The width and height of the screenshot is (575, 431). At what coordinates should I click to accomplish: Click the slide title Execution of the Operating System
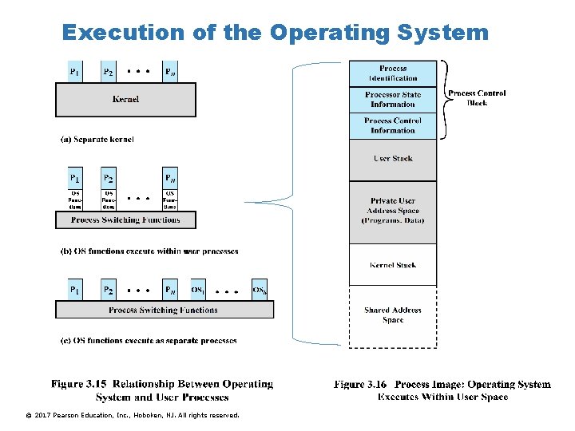(x=275, y=32)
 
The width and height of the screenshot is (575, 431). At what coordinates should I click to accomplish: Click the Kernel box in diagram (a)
(x=125, y=99)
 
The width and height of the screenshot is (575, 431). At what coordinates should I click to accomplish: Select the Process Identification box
(x=393, y=73)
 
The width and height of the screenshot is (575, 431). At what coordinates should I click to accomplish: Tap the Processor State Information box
(x=393, y=100)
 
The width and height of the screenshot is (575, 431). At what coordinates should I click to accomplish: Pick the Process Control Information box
(x=393, y=126)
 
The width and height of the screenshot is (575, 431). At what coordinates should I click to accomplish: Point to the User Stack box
(x=393, y=159)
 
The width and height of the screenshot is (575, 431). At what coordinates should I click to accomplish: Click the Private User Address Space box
(x=393, y=211)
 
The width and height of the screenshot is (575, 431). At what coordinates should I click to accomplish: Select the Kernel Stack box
(x=393, y=265)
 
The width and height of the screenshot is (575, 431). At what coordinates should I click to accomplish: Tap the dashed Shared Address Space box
(x=393, y=315)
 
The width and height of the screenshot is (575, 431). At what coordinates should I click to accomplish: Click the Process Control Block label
(x=477, y=98)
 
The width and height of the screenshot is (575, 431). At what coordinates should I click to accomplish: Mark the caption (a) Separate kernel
(x=97, y=140)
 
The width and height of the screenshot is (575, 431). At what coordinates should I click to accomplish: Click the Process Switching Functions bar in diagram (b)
(x=125, y=219)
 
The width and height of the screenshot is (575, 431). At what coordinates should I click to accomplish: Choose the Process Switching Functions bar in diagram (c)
(x=164, y=310)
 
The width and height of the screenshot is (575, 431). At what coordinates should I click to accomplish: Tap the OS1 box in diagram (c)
(x=198, y=289)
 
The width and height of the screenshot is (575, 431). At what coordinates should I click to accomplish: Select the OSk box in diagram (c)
(x=260, y=289)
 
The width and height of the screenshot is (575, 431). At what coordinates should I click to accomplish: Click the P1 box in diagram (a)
(x=74, y=72)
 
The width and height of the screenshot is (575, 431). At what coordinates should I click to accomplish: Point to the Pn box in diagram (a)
(x=170, y=72)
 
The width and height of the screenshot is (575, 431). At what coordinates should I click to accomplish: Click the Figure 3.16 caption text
(x=442, y=390)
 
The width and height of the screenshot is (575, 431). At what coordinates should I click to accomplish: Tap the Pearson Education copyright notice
(x=132, y=415)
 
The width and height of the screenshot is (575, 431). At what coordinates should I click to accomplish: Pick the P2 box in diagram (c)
(x=109, y=289)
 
